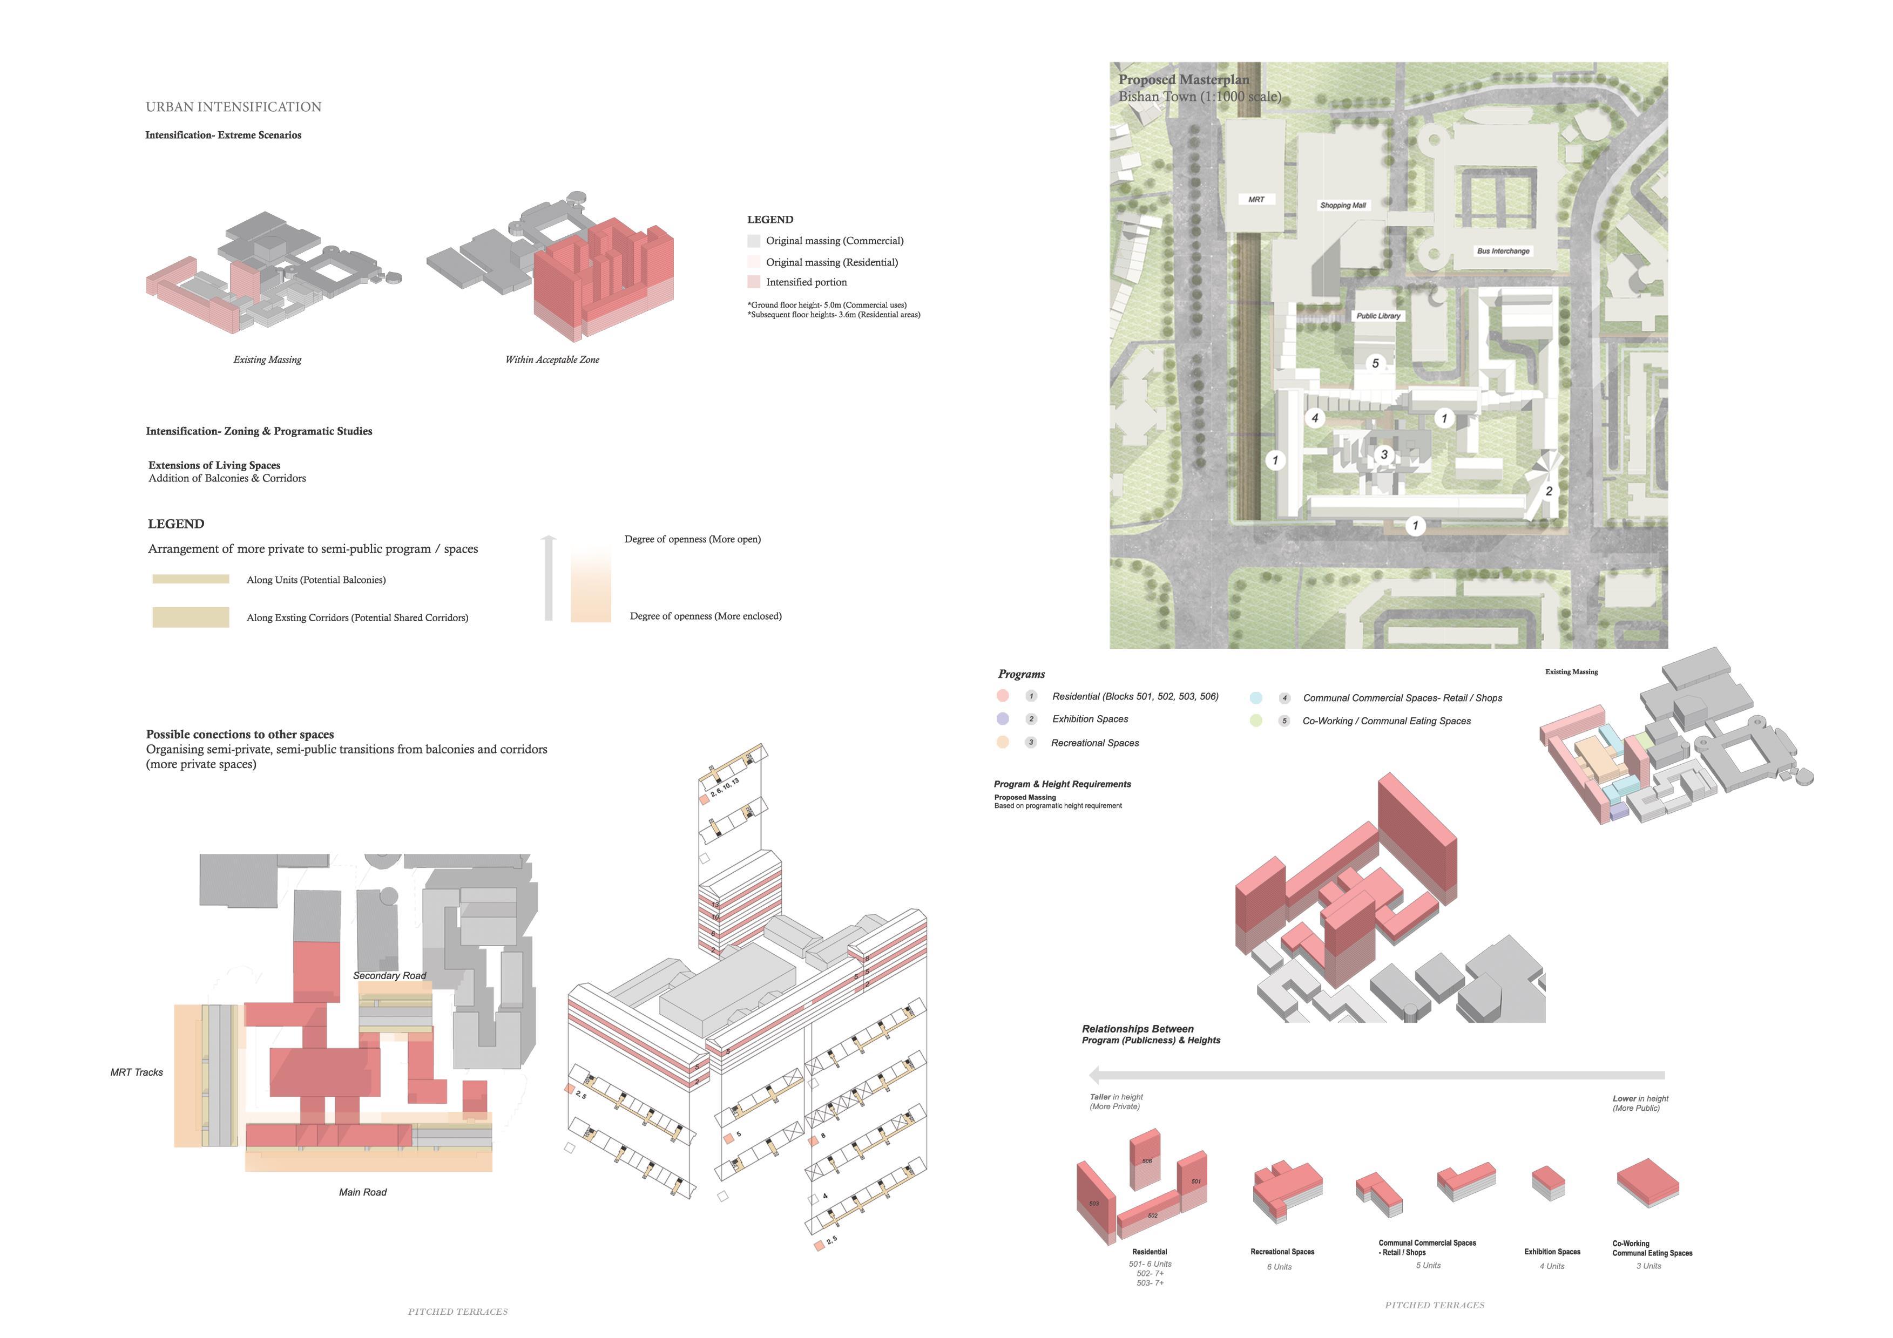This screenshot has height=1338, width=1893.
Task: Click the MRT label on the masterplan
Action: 1256,200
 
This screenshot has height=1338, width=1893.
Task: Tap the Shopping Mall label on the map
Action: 1343,205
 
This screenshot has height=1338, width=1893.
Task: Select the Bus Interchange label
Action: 1503,250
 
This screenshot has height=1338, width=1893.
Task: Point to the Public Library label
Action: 1378,316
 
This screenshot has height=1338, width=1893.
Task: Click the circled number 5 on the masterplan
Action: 1375,363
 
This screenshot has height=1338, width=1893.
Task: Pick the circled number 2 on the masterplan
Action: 1549,491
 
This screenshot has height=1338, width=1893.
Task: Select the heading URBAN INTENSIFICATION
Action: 233,107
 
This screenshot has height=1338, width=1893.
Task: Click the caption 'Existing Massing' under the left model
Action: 267,359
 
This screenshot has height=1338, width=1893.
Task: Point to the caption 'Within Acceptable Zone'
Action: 552,359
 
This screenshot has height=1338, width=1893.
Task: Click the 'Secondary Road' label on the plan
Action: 389,975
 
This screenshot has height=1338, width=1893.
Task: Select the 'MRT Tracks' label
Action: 137,1072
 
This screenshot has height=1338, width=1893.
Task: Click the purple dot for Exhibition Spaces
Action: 1003,719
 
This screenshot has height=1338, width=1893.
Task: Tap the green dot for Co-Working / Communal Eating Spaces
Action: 1256,721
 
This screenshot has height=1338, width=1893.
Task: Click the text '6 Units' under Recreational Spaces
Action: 1280,1267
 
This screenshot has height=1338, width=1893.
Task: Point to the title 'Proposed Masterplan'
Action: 1183,80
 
